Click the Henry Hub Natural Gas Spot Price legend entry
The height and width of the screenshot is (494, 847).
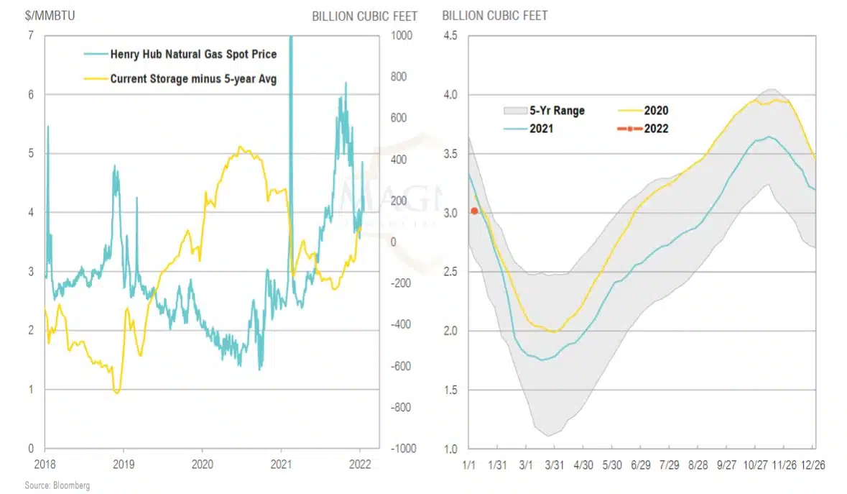pyautogui.click(x=193, y=54)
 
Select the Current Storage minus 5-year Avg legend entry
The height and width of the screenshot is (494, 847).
pyautogui.click(x=193, y=78)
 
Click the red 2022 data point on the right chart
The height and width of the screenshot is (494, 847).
pyautogui.click(x=474, y=211)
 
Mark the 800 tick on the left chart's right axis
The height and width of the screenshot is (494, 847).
pyautogui.click(x=397, y=77)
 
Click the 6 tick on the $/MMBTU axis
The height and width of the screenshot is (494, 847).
pyautogui.click(x=30, y=94)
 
